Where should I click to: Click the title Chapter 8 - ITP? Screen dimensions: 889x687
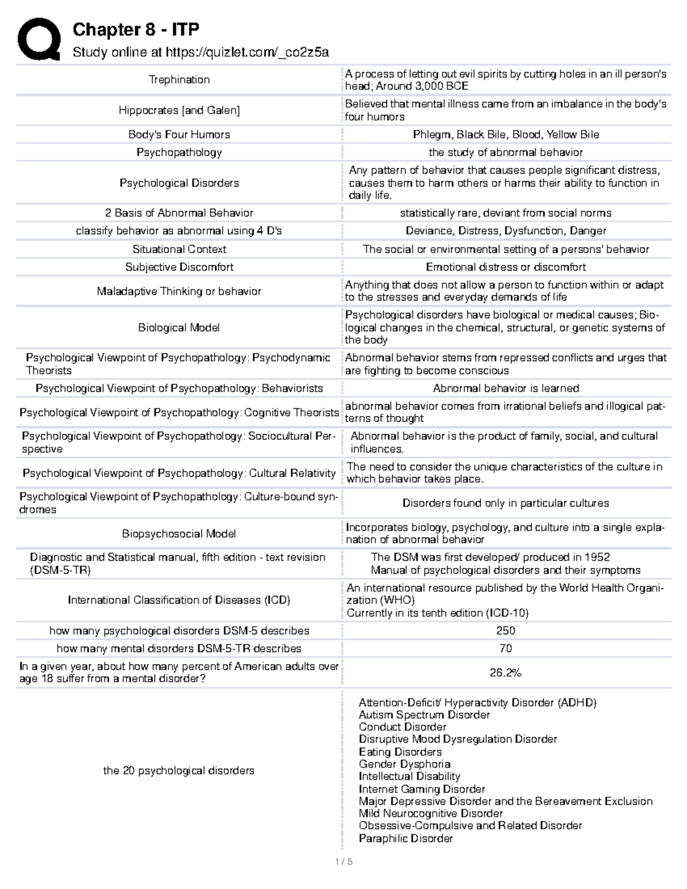coord(136,30)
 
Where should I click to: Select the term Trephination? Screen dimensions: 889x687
coord(179,80)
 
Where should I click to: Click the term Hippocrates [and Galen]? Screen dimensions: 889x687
coord(179,110)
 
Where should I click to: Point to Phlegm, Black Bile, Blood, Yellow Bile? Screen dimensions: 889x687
coord(506,135)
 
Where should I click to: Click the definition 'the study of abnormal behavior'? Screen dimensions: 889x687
coord(506,152)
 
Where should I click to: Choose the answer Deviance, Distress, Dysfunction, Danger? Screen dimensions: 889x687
coord(506,231)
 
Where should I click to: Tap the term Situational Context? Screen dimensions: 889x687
coord(179,249)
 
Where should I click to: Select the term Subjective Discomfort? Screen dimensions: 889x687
coord(179,267)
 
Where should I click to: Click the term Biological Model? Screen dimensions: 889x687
coord(179,327)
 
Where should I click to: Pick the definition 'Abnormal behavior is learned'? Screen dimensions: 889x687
coord(506,388)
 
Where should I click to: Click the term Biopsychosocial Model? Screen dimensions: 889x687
coord(179,534)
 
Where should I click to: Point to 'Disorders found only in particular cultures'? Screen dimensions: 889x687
coord(506,503)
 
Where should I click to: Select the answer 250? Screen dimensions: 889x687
coord(506,630)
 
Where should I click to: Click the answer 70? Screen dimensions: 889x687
coord(506,648)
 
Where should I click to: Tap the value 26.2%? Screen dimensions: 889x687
coord(506,673)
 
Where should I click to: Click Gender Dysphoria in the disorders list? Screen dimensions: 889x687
coord(404,764)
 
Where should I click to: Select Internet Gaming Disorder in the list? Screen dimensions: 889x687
coord(421,789)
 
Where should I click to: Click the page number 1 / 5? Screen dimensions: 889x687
coord(343,862)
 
